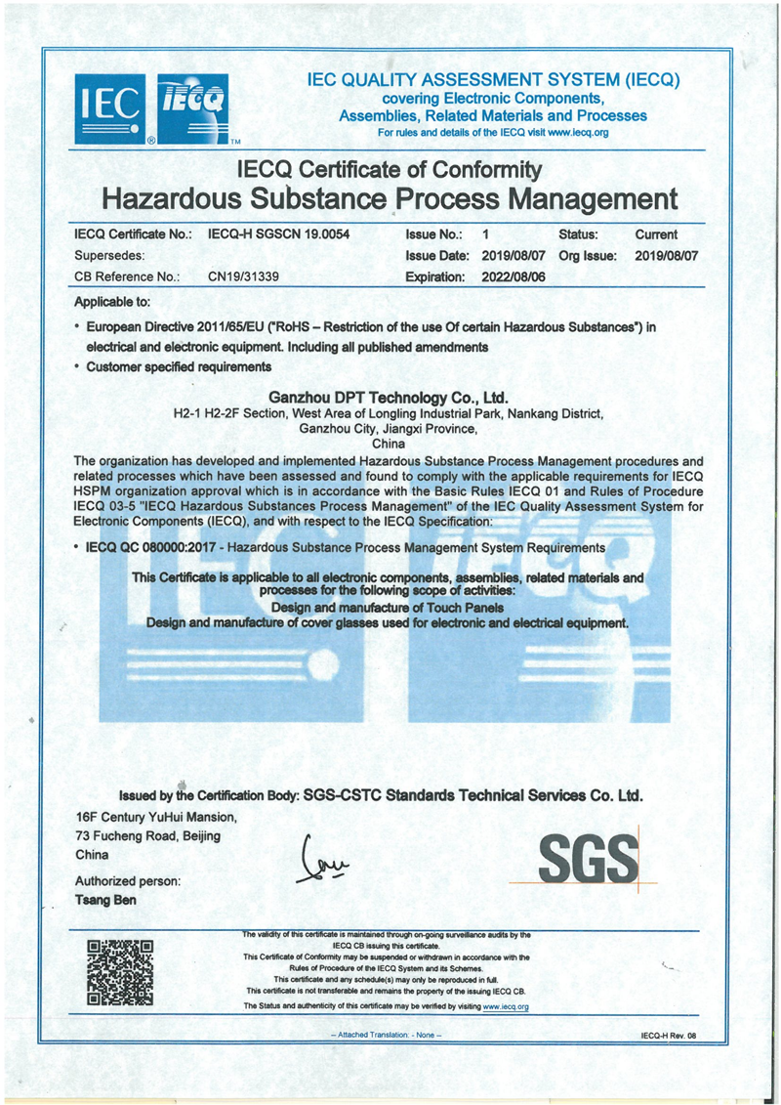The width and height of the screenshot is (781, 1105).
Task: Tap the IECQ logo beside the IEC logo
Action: [192, 107]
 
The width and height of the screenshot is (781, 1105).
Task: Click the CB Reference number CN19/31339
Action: [244, 276]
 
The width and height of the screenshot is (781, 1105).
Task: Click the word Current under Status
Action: [656, 235]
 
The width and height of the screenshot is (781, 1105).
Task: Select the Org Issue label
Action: [588, 256]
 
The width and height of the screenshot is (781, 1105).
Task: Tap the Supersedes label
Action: [111, 256]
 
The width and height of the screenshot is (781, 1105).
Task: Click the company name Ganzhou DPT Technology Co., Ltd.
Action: [389, 398]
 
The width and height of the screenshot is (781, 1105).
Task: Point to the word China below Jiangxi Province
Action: [390, 443]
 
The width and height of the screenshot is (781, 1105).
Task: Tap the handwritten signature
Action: [322, 861]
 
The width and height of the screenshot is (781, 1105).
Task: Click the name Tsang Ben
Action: [106, 900]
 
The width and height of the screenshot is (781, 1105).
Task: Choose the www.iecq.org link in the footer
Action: [506, 1005]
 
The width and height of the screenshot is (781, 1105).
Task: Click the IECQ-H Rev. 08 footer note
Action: [669, 1034]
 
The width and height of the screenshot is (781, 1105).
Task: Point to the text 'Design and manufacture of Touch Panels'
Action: [389, 607]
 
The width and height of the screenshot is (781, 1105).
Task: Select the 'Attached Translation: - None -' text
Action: [388, 1034]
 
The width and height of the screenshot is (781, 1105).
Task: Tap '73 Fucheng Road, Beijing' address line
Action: [148, 835]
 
